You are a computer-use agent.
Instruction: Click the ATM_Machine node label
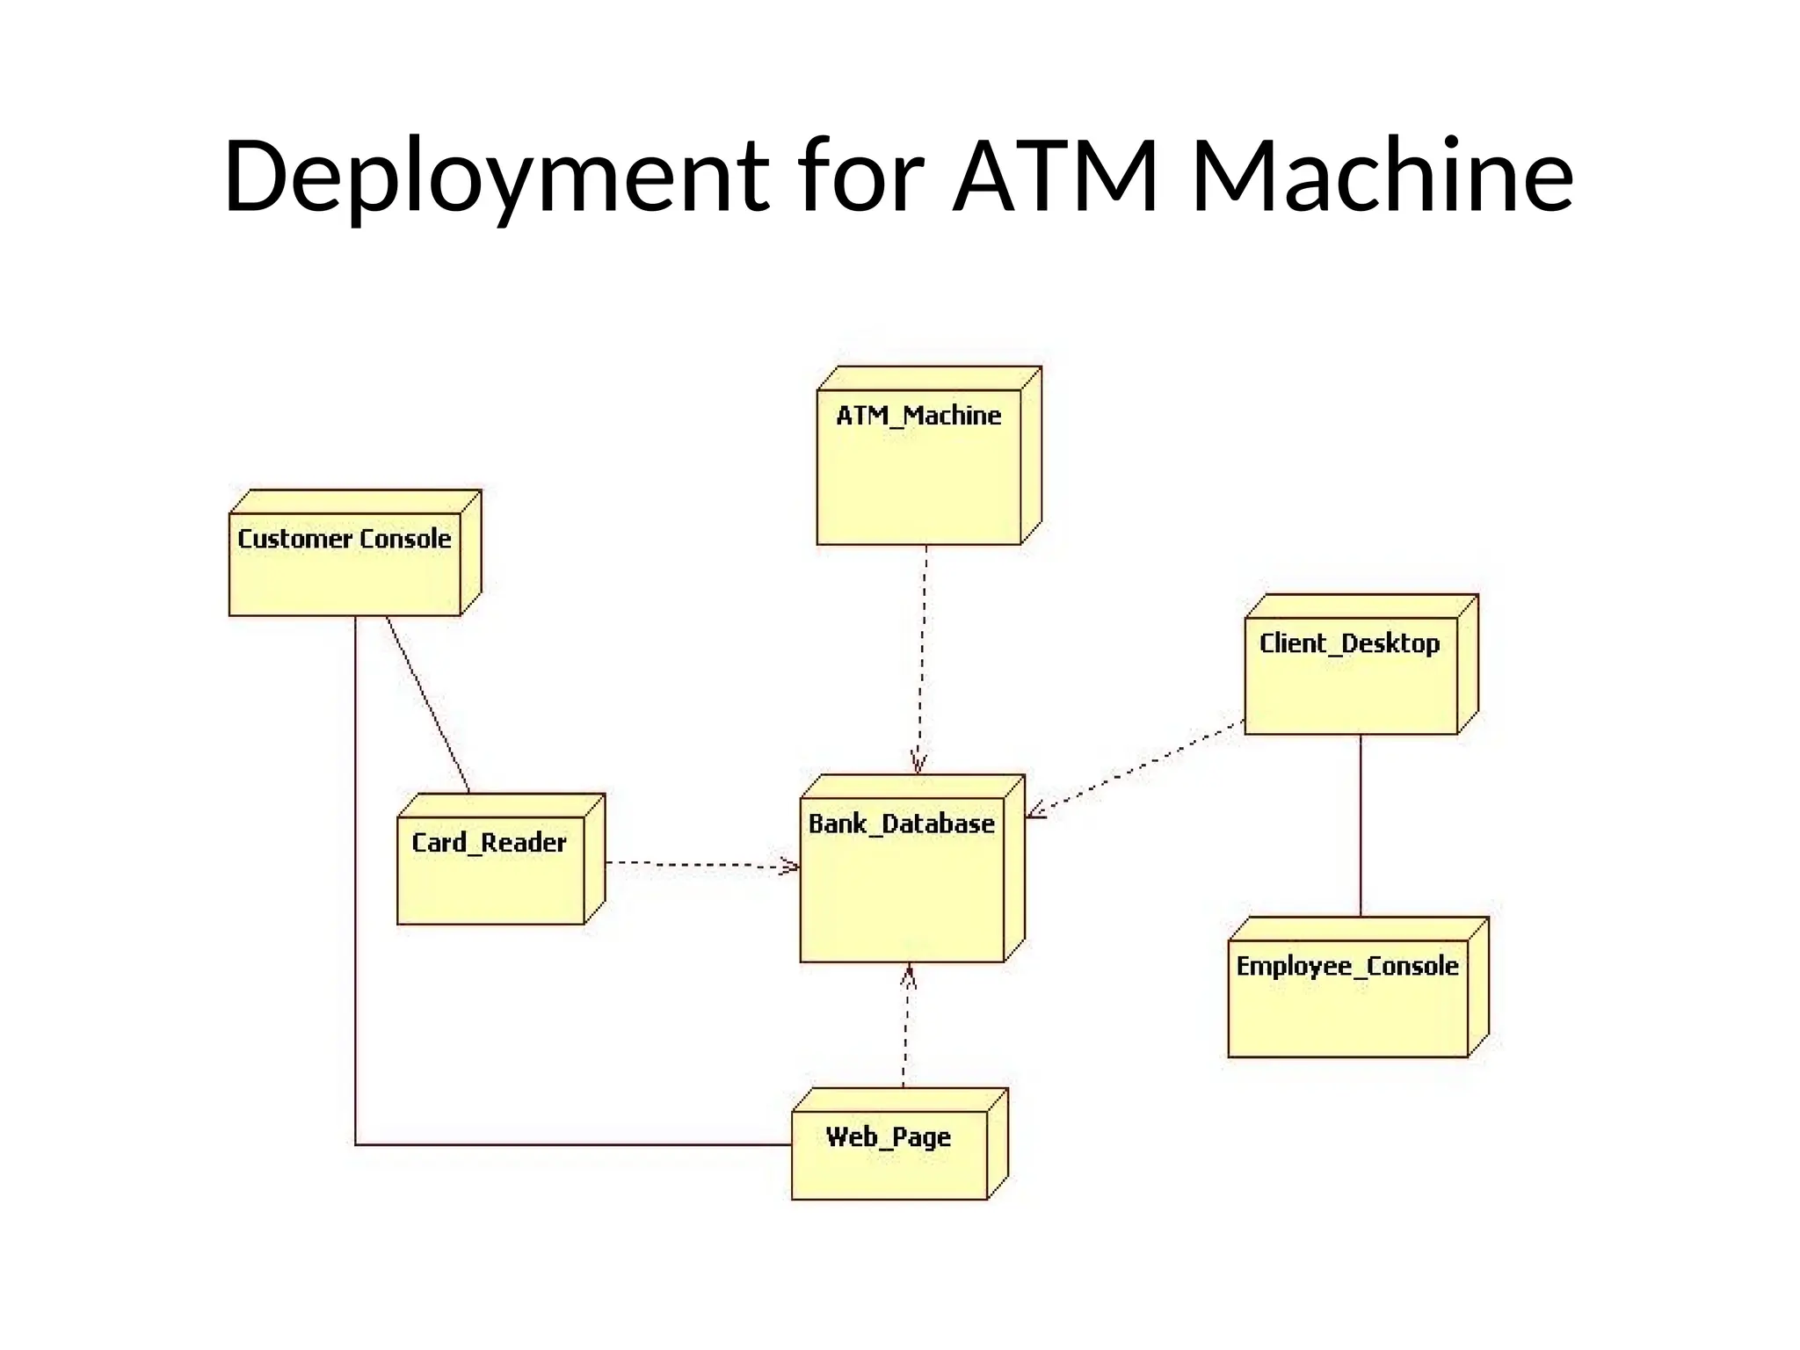pyautogui.click(x=918, y=415)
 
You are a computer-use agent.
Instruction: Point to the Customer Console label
pyautogui.click(x=345, y=538)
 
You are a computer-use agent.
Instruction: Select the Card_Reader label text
pyautogui.click(x=490, y=842)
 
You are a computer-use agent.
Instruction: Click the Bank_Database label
pyautogui.click(x=901, y=824)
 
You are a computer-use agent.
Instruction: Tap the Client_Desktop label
pyautogui.click(x=1349, y=642)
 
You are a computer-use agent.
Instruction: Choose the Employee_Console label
pyautogui.click(x=1346, y=966)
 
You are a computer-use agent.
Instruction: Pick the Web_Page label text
pyautogui.click(x=889, y=1136)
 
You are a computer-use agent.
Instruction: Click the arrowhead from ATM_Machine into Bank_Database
pyautogui.click(x=918, y=765)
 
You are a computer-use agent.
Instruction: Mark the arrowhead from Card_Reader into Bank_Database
pyautogui.click(x=790, y=867)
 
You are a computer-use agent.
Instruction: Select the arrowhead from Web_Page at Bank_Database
pyautogui.click(x=909, y=975)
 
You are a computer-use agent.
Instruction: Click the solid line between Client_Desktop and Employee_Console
pyautogui.click(x=1361, y=826)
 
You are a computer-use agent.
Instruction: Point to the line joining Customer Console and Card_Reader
pyautogui.click(x=428, y=703)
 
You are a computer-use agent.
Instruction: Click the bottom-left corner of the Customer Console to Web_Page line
pyautogui.click(x=356, y=1144)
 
